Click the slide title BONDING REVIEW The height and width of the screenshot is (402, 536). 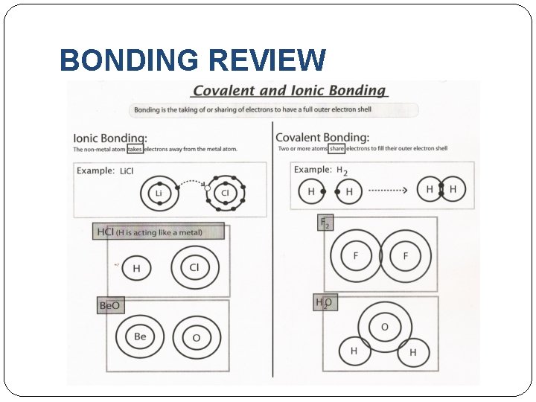point(192,60)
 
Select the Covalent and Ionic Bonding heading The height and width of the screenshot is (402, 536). point(290,91)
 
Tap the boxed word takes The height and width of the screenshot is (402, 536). point(135,149)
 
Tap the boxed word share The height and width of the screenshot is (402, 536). point(337,148)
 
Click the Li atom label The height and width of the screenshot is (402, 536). point(159,194)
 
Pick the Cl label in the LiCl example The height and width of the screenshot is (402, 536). point(224,194)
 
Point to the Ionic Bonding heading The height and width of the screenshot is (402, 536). point(110,138)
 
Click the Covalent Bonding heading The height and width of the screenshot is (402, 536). point(322,137)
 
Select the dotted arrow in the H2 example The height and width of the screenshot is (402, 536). point(388,191)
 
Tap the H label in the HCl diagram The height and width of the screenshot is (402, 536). point(136,268)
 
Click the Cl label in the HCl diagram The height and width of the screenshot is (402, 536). point(194,267)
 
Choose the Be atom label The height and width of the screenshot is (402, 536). point(140,336)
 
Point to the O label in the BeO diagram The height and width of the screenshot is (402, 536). point(197,338)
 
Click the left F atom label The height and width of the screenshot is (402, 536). point(356,257)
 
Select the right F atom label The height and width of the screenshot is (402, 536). point(406,257)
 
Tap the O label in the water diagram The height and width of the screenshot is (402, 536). point(385,328)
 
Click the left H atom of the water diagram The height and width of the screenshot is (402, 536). point(354,351)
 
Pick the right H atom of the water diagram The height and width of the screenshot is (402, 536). point(413,352)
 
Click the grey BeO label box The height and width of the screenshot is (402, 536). point(109,305)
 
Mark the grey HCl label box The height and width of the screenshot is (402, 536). point(159,232)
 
